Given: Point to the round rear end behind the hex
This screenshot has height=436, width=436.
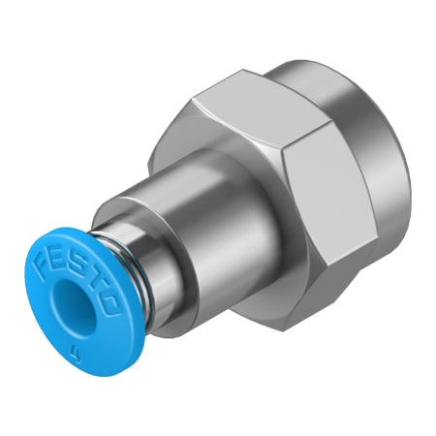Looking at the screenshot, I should pyautogui.click(x=388, y=145).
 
